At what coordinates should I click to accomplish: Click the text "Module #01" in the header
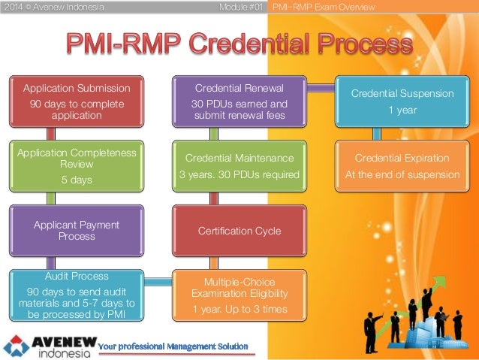tap(239, 7)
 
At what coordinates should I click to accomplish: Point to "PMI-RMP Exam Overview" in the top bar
tap(325, 7)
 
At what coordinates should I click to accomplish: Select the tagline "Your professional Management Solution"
tap(173, 346)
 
